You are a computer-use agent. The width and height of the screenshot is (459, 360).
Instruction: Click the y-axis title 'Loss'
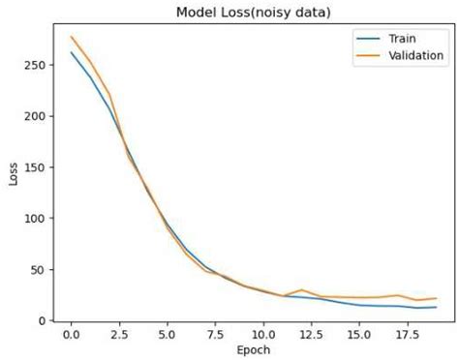click(x=12, y=171)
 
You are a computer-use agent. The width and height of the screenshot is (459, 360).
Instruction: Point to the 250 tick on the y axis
click(x=37, y=65)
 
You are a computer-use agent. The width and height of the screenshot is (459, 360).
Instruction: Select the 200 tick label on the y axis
click(x=37, y=116)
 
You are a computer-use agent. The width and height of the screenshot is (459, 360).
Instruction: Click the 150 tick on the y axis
click(x=37, y=167)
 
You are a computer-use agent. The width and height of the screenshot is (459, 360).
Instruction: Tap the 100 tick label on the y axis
click(x=37, y=219)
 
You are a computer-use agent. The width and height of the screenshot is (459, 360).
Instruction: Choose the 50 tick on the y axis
click(x=40, y=270)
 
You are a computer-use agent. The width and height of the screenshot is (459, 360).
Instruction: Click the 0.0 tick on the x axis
click(x=71, y=333)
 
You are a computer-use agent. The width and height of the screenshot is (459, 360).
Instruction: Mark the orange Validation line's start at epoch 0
click(x=71, y=37)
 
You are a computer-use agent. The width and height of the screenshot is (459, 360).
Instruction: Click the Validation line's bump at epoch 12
click(x=301, y=290)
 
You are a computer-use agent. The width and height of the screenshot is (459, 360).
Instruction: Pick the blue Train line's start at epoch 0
click(x=71, y=52)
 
